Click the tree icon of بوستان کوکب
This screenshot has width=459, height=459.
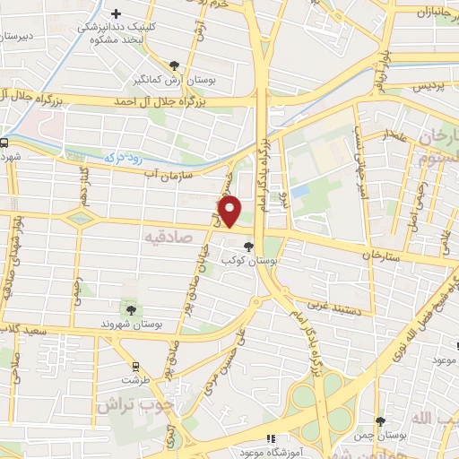[x=247, y=246]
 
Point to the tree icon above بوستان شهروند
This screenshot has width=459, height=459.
[x=131, y=309]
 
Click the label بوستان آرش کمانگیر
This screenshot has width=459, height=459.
[x=174, y=79]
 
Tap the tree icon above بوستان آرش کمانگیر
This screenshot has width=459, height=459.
[x=174, y=65]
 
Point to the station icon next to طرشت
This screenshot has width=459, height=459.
[x=135, y=366]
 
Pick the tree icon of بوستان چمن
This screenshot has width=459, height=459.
[x=380, y=420]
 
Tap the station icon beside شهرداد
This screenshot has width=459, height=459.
[x=4, y=142]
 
